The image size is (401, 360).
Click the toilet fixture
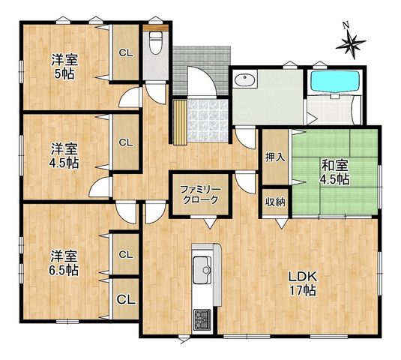pos(154,43)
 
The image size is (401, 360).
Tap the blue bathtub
pos(335,81)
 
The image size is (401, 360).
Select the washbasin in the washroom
pos(245,80)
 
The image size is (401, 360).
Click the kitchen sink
pos(202,270)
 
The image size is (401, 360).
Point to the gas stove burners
pos(202,319)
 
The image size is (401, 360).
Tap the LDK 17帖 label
pos(303,283)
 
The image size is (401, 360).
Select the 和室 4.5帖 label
pos(335,172)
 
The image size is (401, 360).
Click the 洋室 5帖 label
pos(64,67)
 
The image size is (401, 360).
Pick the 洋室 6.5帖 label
pos(64,263)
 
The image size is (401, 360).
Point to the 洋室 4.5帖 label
pos(64,156)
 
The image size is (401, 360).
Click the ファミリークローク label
pos(200,195)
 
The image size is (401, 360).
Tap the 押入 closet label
pos(275,157)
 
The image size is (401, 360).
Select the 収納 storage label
pos(275,202)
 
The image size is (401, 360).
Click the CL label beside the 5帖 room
pos(126,53)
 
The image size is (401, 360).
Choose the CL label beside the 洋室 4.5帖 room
pos(126,142)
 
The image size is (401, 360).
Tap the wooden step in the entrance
pos(180,122)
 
